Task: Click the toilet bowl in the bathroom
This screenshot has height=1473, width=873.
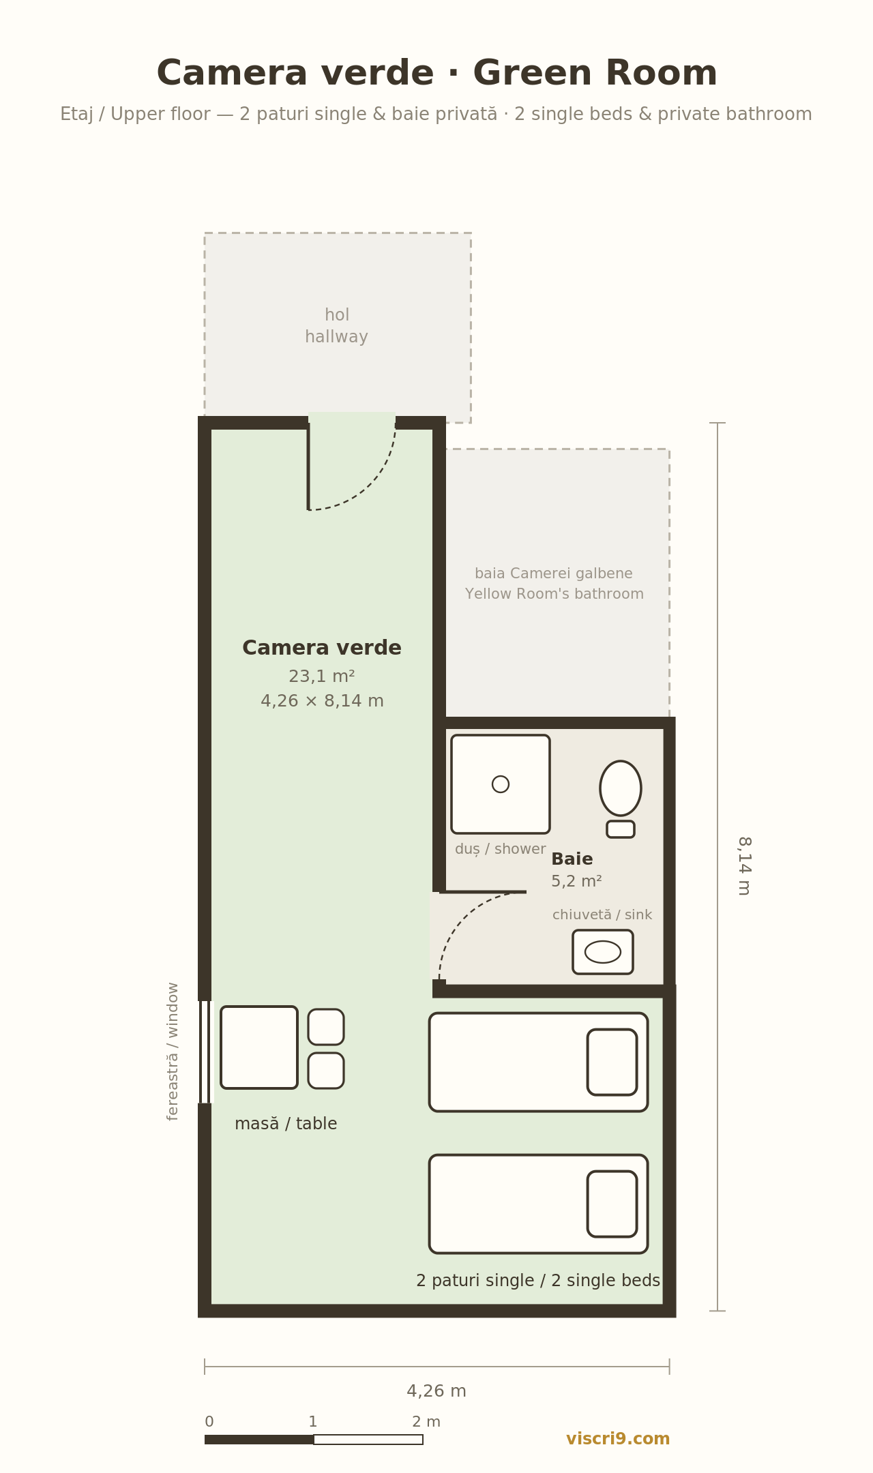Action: tap(621, 788)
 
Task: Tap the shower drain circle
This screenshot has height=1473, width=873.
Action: tap(501, 784)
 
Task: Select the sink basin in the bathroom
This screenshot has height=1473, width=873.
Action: tap(603, 952)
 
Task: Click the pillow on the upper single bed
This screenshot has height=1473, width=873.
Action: tap(612, 1062)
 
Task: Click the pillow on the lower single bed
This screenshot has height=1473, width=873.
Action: tap(612, 1204)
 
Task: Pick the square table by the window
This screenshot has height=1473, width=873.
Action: tap(259, 1047)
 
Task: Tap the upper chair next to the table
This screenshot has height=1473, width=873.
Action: tap(326, 1027)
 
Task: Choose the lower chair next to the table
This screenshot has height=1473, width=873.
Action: tap(326, 1071)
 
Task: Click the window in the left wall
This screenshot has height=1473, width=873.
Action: tap(205, 1052)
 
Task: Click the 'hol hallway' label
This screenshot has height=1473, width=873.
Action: tap(337, 326)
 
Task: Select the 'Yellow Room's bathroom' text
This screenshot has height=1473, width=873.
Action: tap(554, 594)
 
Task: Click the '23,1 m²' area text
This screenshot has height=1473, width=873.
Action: tap(322, 676)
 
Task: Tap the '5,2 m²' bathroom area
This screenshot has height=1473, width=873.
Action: tap(576, 881)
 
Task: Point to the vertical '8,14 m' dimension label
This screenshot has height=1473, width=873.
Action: tap(744, 866)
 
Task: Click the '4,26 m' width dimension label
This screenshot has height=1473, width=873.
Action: tap(436, 1391)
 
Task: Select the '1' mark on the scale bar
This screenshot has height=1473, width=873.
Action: tap(313, 1422)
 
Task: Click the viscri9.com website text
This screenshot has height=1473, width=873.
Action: tap(618, 1439)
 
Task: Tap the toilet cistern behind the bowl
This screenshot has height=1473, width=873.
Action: tap(621, 829)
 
